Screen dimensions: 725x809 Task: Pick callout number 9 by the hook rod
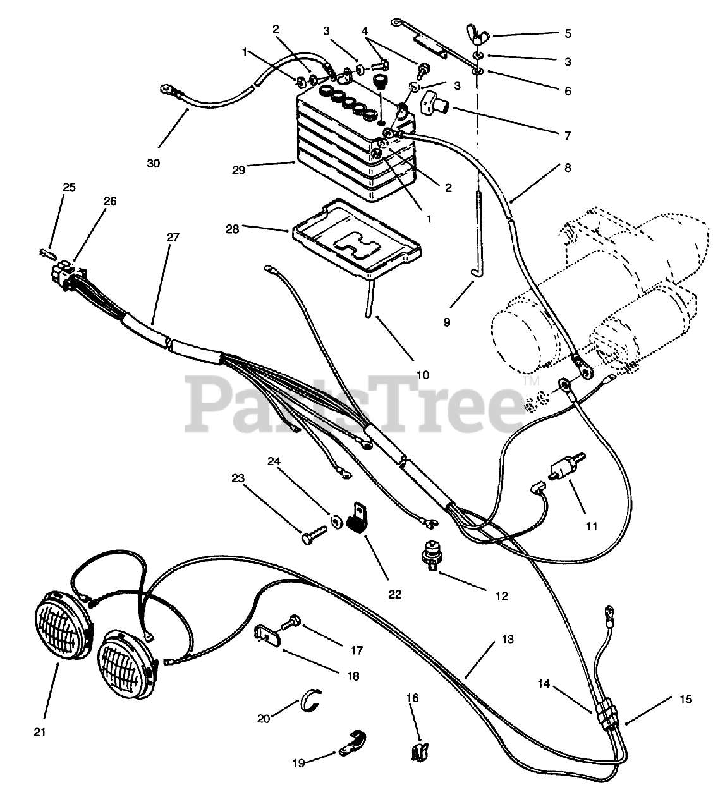(447, 322)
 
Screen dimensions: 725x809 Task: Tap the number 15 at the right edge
(686, 699)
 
